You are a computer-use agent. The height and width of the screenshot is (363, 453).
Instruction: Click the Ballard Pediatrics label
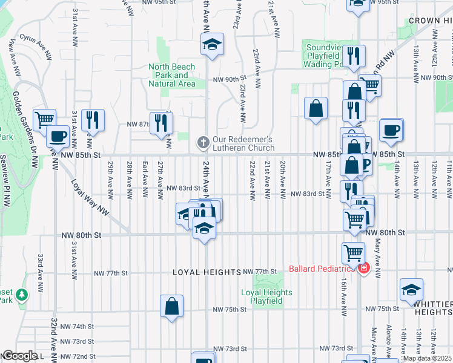pyautogui.click(x=322, y=269)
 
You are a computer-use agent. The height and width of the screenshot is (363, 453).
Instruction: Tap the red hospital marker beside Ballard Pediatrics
pyautogui.click(x=363, y=269)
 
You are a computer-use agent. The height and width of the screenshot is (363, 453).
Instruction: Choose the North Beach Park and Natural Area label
pyautogui.click(x=173, y=75)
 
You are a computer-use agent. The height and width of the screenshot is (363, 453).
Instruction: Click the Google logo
pyautogui.click(x=19, y=356)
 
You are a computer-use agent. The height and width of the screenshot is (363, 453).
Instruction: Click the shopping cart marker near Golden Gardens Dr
pyautogui.click(x=44, y=119)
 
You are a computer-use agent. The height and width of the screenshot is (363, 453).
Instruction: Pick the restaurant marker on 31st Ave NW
pyautogui.click(x=93, y=119)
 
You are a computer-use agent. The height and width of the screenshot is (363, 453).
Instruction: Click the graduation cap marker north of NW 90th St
pyautogui.click(x=211, y=44)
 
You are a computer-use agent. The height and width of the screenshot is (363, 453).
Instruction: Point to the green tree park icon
pyautogui.click(x=22, y=295)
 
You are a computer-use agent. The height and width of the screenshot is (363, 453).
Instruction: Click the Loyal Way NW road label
pyautogui.click(x=88, y=198)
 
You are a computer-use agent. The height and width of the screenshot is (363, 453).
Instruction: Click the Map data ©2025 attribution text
pyautogui.click(x=427, y=358)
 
